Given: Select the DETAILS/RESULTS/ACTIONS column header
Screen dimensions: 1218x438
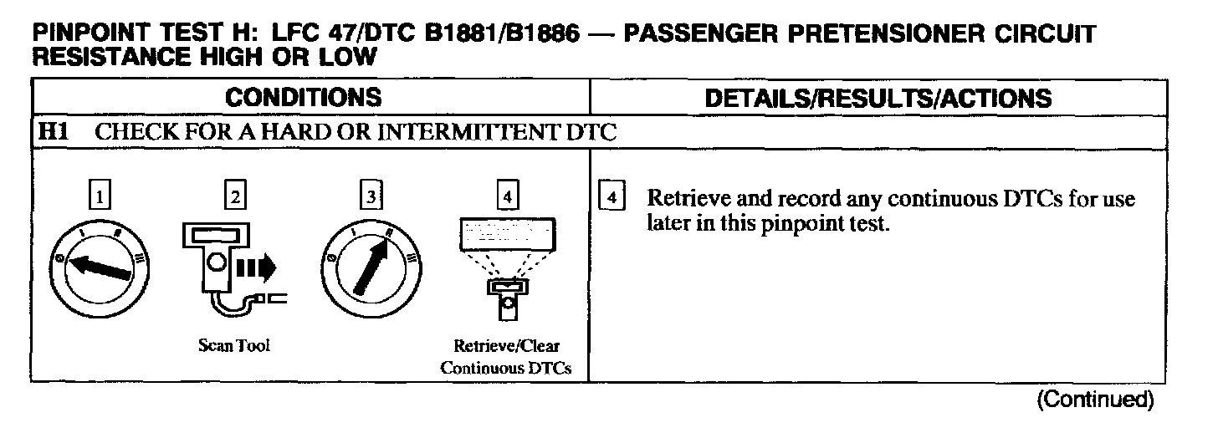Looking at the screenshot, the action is click(x=878, y=98).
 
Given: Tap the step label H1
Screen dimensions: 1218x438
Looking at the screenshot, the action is click(x=56, y=132).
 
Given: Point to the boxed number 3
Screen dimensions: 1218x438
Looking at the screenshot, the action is click(x=369, y=197).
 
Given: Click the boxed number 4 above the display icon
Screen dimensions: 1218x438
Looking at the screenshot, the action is click(x=505, y=197).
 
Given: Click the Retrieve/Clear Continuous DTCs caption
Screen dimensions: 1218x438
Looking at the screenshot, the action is click(x=505, y=356).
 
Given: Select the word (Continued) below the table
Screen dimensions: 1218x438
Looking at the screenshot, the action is click(x=1095, y=400).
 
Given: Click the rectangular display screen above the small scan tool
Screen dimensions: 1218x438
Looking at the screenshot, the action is click(x=505, y=234).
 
